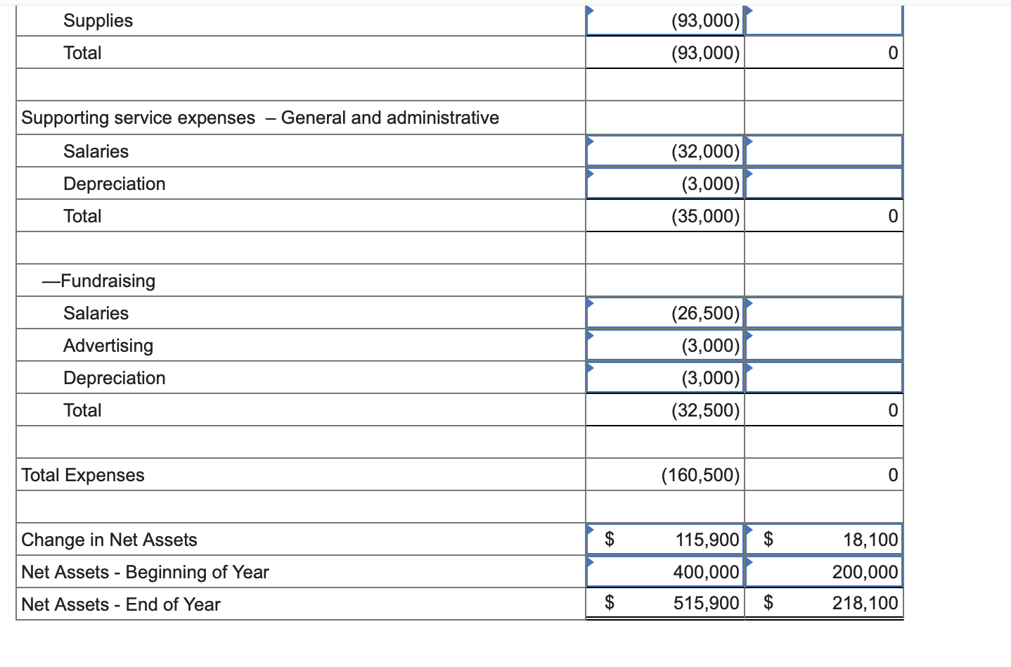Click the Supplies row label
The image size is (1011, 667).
[98, 20]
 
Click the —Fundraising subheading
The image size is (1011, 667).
[98, 281]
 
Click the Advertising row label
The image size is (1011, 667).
[108, 345]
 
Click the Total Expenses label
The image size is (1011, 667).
[83, 475]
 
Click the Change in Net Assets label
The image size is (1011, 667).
[109, 540]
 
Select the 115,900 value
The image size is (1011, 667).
[707, 540]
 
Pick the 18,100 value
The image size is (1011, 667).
[870, 540]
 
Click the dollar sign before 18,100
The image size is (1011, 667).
[768, 540]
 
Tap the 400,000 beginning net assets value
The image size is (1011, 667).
[706, 572]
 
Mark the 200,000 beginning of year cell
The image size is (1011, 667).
[865, 572]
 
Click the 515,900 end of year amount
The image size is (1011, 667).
[706, 603]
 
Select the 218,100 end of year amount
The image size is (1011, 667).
[865, 603]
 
